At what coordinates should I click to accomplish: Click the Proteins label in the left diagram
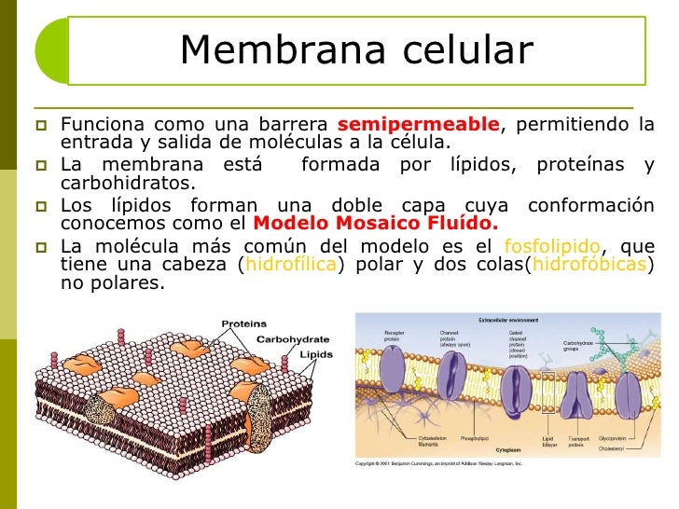(243, 324)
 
